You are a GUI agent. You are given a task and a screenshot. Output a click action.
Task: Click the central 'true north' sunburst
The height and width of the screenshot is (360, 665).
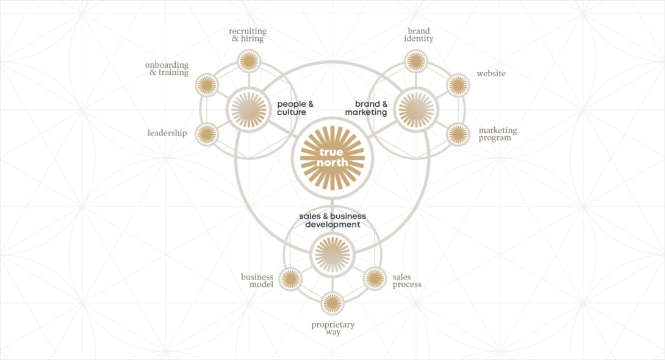tap(332, 158)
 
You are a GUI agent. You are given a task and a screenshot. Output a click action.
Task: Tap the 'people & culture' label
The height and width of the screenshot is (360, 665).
tap(295, 108)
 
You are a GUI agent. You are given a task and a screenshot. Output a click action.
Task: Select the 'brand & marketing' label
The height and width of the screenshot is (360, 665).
tap(366, 108)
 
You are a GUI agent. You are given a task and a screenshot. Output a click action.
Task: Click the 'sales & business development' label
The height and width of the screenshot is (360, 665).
tap(332, 220)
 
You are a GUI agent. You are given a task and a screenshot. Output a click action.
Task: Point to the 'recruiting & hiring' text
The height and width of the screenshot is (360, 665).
tap(248, 35)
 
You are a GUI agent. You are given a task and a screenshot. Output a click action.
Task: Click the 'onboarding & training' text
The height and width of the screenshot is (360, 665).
tap(167, 69)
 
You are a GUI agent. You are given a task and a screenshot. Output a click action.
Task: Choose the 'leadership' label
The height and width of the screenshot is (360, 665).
tap(167, 133)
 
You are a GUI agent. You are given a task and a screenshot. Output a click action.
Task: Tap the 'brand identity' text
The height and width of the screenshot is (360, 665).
tap(419, 35)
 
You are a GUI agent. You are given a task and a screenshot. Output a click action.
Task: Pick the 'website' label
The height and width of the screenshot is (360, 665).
tap(491, 73)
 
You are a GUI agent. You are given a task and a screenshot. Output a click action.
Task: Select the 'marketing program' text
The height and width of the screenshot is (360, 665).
tap(498, 134)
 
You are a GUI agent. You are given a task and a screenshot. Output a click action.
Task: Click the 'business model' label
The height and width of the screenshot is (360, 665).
tap(257, 281)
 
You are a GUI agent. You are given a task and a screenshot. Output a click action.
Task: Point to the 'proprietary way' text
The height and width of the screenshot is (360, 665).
tap(333, 328)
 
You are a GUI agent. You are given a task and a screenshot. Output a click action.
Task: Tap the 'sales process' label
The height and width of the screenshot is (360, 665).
tap(407, 281)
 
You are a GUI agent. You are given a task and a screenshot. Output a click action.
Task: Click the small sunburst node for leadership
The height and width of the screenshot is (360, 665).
tap(207, 134)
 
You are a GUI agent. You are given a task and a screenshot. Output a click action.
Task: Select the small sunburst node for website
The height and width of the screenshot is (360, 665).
tap(458, 85)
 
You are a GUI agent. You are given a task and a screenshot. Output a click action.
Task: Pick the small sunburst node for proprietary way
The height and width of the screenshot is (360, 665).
tap(332, 304)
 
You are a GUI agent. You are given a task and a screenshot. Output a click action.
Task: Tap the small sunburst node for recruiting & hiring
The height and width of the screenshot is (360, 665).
tap(249, 61)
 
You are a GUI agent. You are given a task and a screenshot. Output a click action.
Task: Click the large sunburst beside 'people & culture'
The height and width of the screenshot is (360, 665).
tap(249, 110)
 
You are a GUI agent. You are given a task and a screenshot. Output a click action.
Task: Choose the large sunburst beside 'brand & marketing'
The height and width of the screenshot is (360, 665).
tap(416, 110)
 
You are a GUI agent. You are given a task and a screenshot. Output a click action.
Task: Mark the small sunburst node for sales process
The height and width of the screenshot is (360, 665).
tap(375, 279)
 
